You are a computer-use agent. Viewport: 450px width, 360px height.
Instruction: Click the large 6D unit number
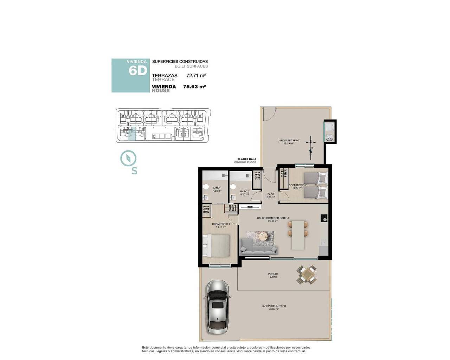pos(137,71)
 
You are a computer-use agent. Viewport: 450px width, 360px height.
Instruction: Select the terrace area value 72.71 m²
pos(196,75)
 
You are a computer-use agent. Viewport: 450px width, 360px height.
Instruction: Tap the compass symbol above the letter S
pos(128,158)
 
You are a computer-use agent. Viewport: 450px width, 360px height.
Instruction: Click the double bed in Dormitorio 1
pos(217,246)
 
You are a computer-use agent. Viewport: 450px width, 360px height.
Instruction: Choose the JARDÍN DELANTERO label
pos(274,306)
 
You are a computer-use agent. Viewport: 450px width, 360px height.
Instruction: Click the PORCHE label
pos(273,274)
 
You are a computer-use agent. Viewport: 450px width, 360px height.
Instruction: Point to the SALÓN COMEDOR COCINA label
pos(273,218)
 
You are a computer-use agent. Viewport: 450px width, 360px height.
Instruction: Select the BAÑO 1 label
pos(217,188)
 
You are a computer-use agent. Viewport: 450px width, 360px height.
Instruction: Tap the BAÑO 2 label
pos(244,192)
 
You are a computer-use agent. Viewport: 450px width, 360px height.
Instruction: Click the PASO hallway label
pos(270,194)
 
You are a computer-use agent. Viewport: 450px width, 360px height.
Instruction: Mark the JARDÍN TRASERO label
pos(288,141)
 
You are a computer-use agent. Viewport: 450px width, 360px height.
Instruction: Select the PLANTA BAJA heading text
pos(246,159)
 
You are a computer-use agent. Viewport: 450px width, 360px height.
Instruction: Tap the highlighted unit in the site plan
pos(131,135)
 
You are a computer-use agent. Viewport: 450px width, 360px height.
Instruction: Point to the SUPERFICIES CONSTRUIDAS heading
pos(180,62)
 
